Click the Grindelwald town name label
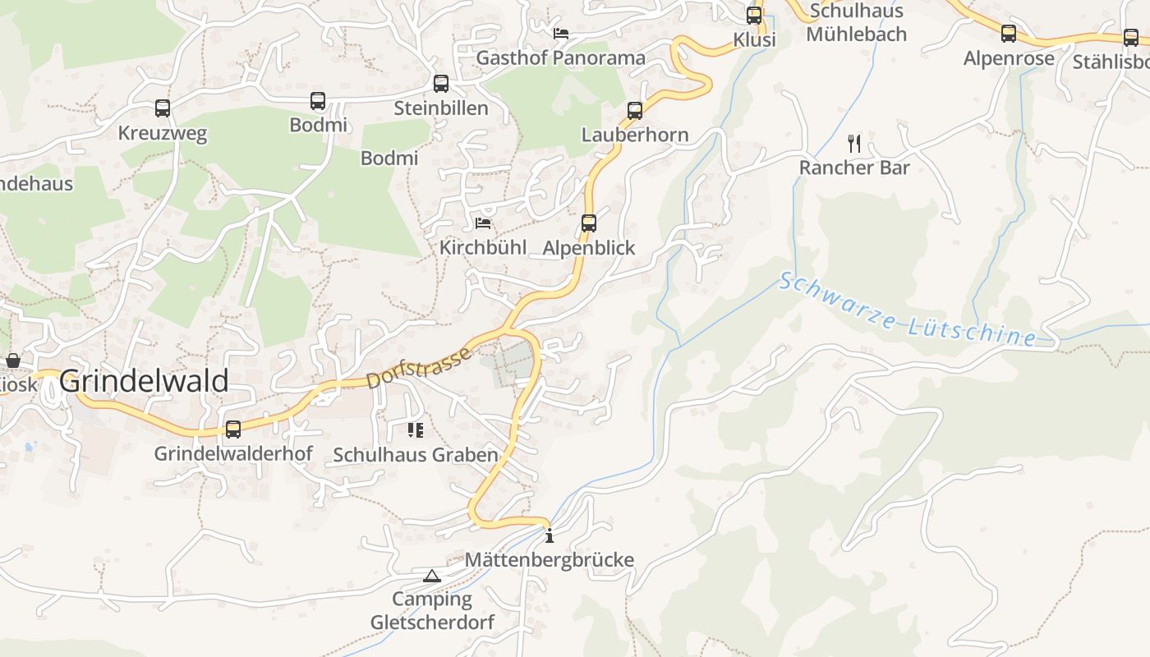[x=144, y=382]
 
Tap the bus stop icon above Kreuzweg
[x=163, y=108]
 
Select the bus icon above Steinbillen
[x=441, y=84]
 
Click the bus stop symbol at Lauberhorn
[x=634, y=111]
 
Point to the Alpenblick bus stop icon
[x=588, y=223]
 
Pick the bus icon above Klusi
[x=753, y=16]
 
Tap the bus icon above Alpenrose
[x=1008, y=34]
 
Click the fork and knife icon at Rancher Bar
[x=854, y=144]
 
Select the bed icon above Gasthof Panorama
[x=561, y=34]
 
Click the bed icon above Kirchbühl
[x=483, y=223]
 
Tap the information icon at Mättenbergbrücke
[x=550, y=536]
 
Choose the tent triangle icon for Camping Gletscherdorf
[x=432, y=576]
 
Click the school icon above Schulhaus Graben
[x=415, y=430]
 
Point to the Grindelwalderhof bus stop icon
[x=233, y=430]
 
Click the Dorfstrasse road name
[x=419, y=367]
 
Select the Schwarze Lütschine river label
[x=907, y=310]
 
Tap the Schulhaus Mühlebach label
[x=856, y=22]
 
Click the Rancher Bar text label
[x=854, y=168]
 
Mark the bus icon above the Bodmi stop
[x=318, y=101]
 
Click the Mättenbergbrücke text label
[x=550, y=560]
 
